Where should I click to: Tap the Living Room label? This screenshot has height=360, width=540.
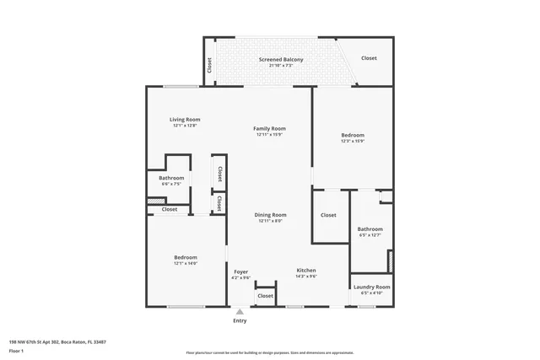pyautogui.click(x=185, y=120)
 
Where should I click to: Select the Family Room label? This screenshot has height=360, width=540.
pyautogui.click(x=269, y=129)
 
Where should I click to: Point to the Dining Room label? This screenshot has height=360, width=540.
pyautogui.click(x=270, y=215)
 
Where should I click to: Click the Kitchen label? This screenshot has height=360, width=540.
pyautogui.click(x=305, y=271)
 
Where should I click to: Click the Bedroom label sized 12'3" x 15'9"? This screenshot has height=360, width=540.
pyautogui.click(x=353, y=135)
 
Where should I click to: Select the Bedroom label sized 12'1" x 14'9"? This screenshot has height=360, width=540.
pyautogui.click(x=185, y=257)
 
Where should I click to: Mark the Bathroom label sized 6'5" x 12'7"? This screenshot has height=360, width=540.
pyautogui.click(x=370, y=229)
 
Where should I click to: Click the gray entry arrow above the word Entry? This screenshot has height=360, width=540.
pyautogui.click(x=240, y=312)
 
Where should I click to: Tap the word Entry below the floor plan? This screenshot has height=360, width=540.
pyautogui.click(x=240, y=320)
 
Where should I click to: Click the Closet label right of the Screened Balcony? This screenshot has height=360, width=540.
pyautogui.click(x=369, y=58)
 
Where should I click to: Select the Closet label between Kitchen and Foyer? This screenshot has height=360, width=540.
pyautogui.click(x=265, y=296)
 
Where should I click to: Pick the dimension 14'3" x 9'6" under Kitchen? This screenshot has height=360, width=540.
pyautogui.click(x=305, y=277)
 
